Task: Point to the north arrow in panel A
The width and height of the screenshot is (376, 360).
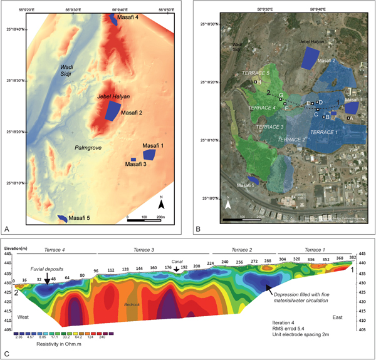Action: coord(161,203)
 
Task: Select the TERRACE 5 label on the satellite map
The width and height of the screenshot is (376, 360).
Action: coord(256,73)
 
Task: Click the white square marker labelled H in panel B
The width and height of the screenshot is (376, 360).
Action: coord(256,82)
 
